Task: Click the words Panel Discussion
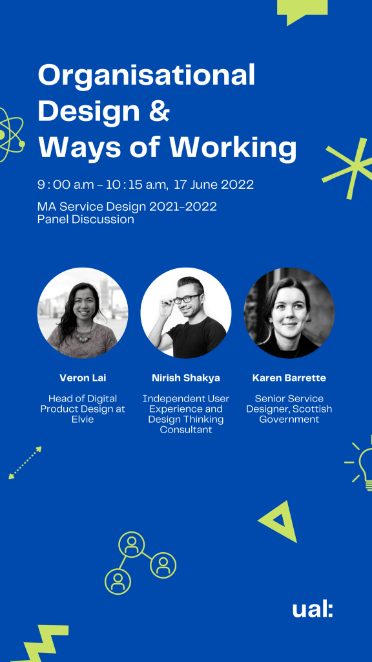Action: [86, 220]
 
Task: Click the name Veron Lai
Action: [83, 378]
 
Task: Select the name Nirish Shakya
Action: [186, 378]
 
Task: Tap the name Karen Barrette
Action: [289, 378]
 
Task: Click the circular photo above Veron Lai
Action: [83, 313]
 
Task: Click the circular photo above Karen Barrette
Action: [289, 313]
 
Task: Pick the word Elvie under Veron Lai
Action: [83, 420]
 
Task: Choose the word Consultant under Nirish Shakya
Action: [186, 430]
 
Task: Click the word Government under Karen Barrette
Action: [289, 420]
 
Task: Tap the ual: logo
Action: [313, 610]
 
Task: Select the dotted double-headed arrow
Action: [25, 463]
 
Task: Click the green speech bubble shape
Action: [302, 12]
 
